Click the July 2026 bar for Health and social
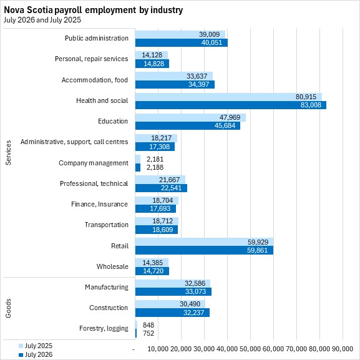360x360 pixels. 231,105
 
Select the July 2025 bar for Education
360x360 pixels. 190,117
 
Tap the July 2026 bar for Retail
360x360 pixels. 204,250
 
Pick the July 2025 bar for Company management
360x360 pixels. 138,159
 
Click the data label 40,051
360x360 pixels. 212,42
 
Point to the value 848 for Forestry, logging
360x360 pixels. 148,325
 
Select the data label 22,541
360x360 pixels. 171,188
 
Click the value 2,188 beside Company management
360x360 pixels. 155,167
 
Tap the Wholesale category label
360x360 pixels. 112,266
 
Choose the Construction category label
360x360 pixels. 109,308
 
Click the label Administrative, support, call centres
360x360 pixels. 74,142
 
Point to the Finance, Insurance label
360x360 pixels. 99,204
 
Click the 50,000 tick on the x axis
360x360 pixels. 250,349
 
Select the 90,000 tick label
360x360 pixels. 343,349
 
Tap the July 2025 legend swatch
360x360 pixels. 21,346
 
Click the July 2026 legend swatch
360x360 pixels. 21,355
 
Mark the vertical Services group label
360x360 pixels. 8,153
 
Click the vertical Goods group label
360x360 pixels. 8,308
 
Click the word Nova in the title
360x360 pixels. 14,10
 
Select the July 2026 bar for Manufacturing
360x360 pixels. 173,291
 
